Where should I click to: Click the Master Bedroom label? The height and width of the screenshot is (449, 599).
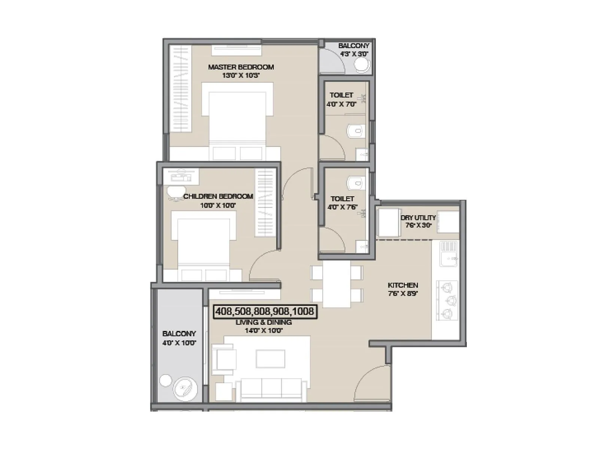pos(241,67)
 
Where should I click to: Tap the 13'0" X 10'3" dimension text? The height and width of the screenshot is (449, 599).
pos(241,76)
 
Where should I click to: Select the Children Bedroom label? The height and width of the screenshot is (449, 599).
pos(218,196)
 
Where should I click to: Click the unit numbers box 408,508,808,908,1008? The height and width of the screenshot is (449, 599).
pos(265,311)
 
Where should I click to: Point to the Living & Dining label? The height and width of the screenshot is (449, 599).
pos(264,322)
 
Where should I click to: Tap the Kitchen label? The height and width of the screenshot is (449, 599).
pos(403,285)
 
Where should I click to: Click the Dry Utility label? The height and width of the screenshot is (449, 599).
pos(418,217)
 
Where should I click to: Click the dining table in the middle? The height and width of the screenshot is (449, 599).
pos(337,284)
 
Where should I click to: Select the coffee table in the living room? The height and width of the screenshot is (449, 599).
pos(270,359)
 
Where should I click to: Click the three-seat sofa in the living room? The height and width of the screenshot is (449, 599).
pos(271,389)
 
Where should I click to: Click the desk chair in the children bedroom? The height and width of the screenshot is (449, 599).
pos(173,192)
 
